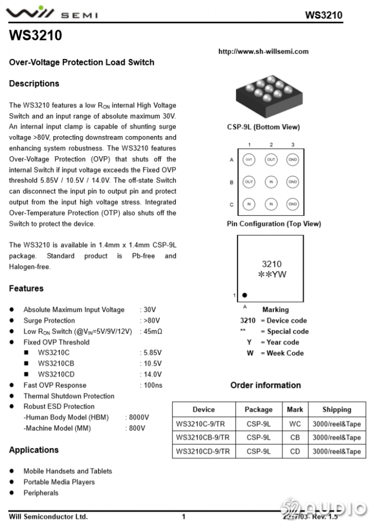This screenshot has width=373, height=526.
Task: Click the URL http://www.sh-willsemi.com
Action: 263,52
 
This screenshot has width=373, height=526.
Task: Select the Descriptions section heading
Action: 34,84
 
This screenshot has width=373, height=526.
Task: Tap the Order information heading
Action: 265,385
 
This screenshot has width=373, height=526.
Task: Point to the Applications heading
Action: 34,450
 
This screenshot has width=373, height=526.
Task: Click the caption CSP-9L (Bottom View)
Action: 263,127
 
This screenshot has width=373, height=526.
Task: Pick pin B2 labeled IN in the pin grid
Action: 271,182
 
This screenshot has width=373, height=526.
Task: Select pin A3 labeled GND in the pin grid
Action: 293,160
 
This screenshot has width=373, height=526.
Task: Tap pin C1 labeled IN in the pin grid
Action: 248,204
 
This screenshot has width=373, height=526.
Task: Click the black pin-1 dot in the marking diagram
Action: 245,295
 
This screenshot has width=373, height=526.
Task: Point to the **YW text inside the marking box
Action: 272,275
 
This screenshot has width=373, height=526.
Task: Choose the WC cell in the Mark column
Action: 295,424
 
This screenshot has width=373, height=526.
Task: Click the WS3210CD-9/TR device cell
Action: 203,452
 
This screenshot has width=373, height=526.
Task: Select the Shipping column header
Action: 336,410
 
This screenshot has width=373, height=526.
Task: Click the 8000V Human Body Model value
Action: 137,418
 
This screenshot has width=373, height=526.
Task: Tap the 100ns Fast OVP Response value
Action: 153,385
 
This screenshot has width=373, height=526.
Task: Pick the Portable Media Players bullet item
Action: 59,482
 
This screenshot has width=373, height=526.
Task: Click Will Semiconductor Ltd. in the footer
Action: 48,516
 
